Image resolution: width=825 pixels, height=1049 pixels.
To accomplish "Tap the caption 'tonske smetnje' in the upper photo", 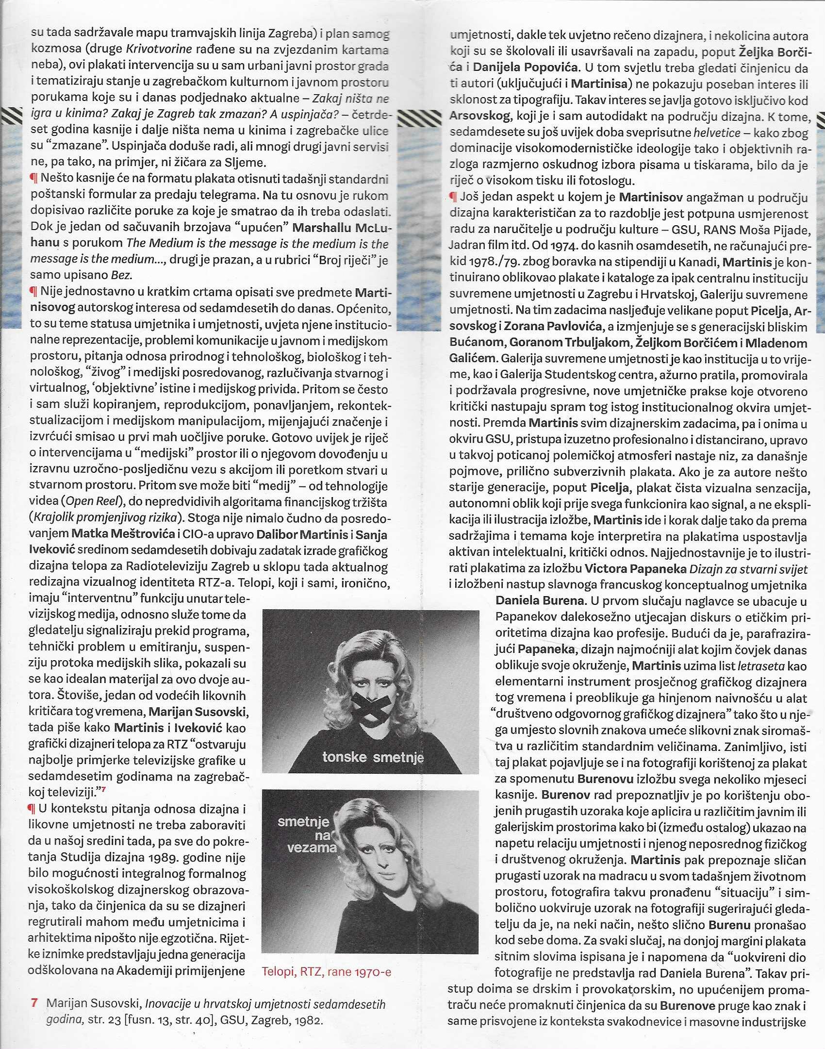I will tap(373, 757).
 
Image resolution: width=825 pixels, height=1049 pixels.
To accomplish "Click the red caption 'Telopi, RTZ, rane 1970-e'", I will tap(326, 971).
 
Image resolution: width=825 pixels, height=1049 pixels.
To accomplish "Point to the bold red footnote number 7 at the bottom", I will tap(34, 1003).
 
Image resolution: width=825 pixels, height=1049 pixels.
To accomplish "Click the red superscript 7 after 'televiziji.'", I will tap(104, 789).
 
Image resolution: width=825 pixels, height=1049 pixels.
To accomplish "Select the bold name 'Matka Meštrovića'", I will tap(123, 534).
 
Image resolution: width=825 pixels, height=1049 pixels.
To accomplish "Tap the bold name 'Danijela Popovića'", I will tap(526, 67).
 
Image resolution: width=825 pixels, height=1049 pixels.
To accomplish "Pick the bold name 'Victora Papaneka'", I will tap(635, 568).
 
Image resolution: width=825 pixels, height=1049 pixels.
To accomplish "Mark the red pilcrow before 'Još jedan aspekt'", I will tap(453, 197).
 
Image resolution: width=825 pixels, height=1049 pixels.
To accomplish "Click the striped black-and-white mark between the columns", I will tap(419, 118).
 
